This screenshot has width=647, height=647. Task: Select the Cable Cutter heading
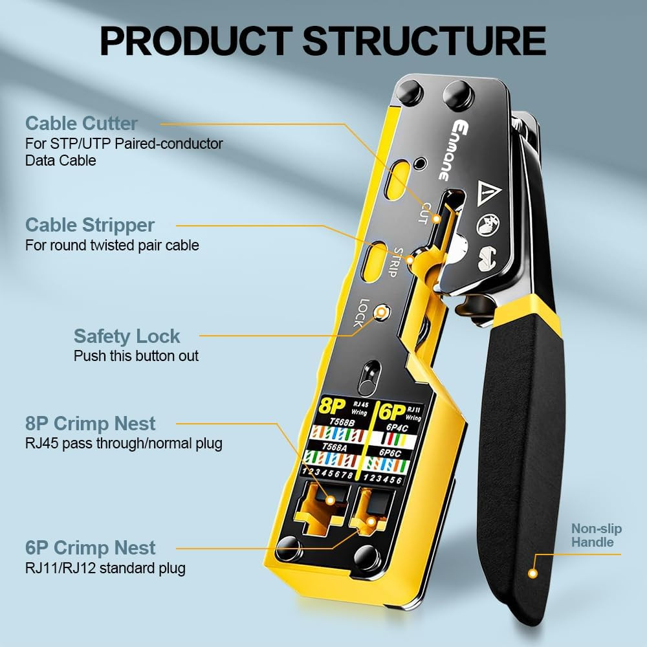(82, 123)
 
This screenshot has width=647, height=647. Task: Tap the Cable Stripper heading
(90, 225)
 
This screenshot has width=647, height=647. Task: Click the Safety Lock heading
(127, 336)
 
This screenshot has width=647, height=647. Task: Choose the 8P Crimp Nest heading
(91, 424)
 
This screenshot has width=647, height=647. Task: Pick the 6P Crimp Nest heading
(91, 548)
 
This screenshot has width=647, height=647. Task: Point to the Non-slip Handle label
(596, 536)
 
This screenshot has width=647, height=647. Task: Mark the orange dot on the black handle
(533, 573)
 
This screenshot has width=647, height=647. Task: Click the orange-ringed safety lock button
(382, 313)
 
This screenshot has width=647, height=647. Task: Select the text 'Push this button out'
(136, 356)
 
